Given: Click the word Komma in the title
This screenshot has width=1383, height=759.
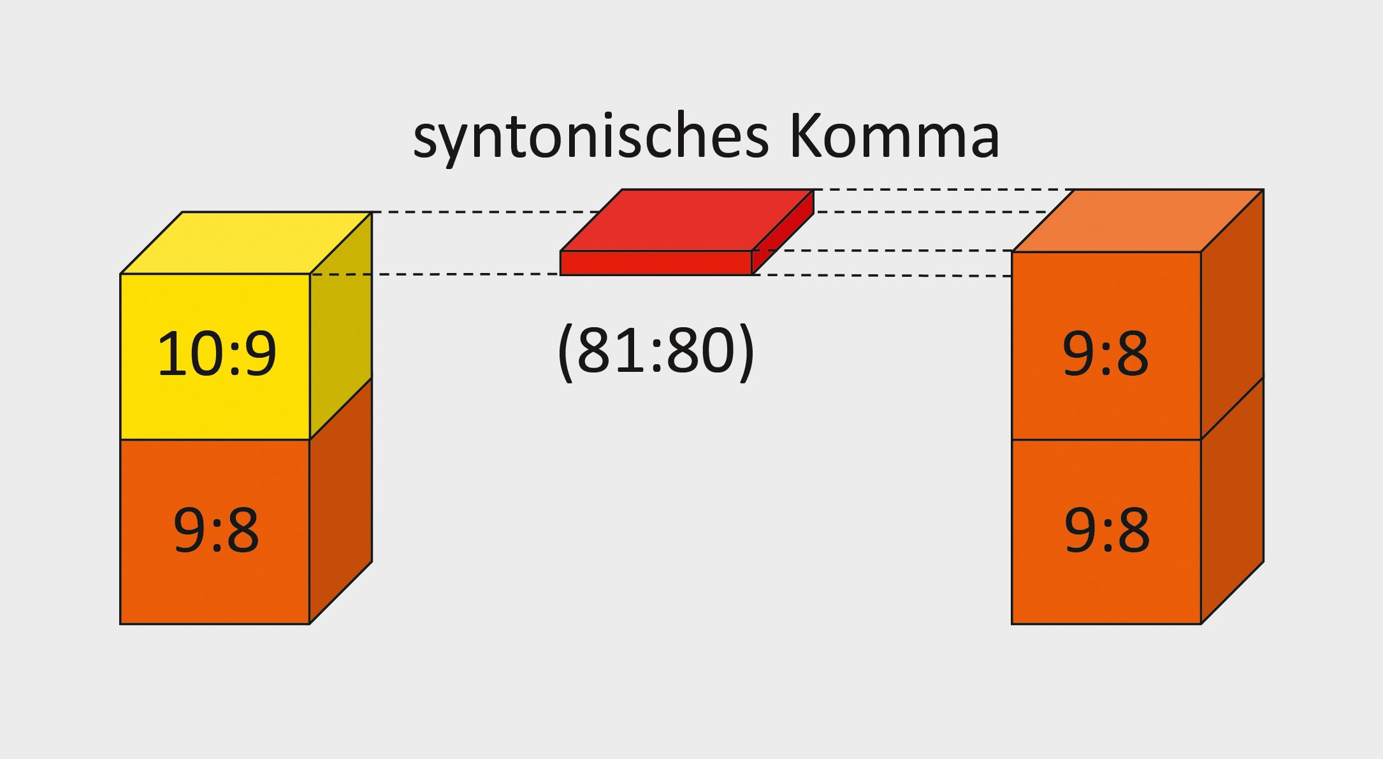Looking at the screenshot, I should (x=894, y=136).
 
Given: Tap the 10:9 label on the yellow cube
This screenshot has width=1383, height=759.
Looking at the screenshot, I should (x=217, y=354).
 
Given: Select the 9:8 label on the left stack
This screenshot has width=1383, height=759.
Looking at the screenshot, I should (x=216, y=531).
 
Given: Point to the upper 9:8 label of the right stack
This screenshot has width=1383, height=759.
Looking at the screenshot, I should (x=1106, y=354).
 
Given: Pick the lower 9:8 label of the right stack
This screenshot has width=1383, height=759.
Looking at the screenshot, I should (x=1107, y=531).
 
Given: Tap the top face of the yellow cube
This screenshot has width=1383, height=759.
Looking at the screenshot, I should (x=246, y=242).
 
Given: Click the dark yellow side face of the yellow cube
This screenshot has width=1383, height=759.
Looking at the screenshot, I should (x=340, y=325).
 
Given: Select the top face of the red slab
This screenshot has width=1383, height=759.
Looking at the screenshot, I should (x=687, y=220).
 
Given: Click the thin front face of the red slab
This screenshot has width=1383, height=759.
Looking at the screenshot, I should (x=656, y=263).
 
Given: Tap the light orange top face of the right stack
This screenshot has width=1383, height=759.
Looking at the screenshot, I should (x=1138, y=220).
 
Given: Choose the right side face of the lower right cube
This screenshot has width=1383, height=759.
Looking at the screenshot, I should (x=1232, y=501).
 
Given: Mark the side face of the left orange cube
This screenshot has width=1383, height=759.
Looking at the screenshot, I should (x=340, y=501).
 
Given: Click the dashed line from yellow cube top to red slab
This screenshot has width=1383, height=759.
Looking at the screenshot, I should (x=484, y=212).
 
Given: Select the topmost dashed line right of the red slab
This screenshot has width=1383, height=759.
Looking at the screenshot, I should (x=943, y=189).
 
